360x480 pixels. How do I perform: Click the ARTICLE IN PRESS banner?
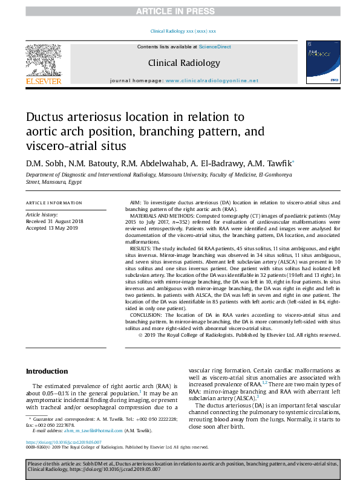click(x=180, y=11)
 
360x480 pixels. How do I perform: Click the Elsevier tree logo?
click(x=43, y=60)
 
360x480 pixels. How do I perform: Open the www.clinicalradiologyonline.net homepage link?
click(x=211, y=80)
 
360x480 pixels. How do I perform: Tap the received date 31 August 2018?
click(x=63, y=221)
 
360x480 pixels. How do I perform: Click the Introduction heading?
click(x=46, y=371)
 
